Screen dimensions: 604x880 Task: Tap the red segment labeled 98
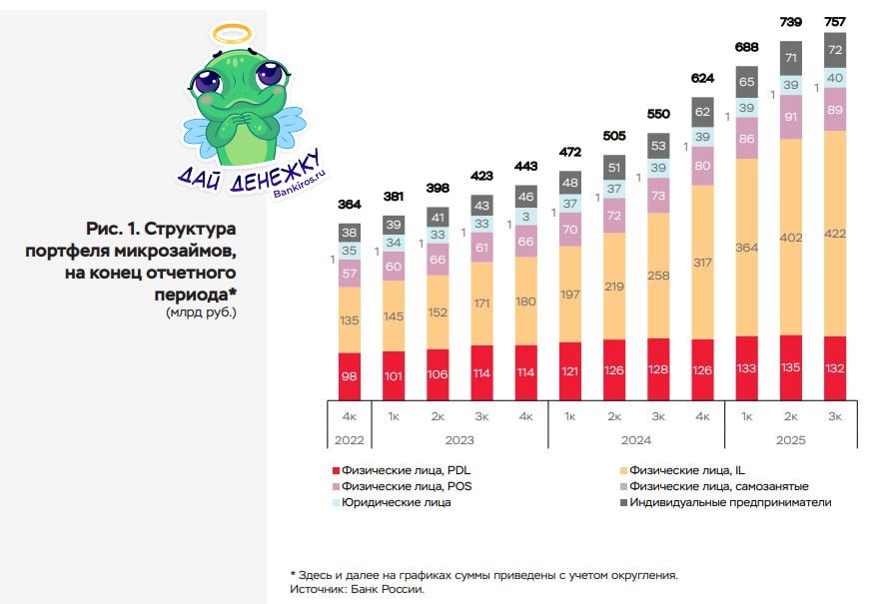(350, 375)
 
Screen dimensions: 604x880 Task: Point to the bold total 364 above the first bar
(350, 206)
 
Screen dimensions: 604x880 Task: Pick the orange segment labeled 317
(702, 263)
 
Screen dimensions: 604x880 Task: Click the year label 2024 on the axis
(635, 439)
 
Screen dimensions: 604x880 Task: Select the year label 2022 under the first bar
(350, 439)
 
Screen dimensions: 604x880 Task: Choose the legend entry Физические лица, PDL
(397, 469)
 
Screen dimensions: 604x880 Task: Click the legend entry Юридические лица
(396, 502)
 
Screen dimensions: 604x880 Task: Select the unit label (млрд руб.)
(203, 311)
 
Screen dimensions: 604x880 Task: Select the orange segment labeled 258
(658, 275)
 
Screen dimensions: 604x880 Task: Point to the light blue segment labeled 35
(350, 252)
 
